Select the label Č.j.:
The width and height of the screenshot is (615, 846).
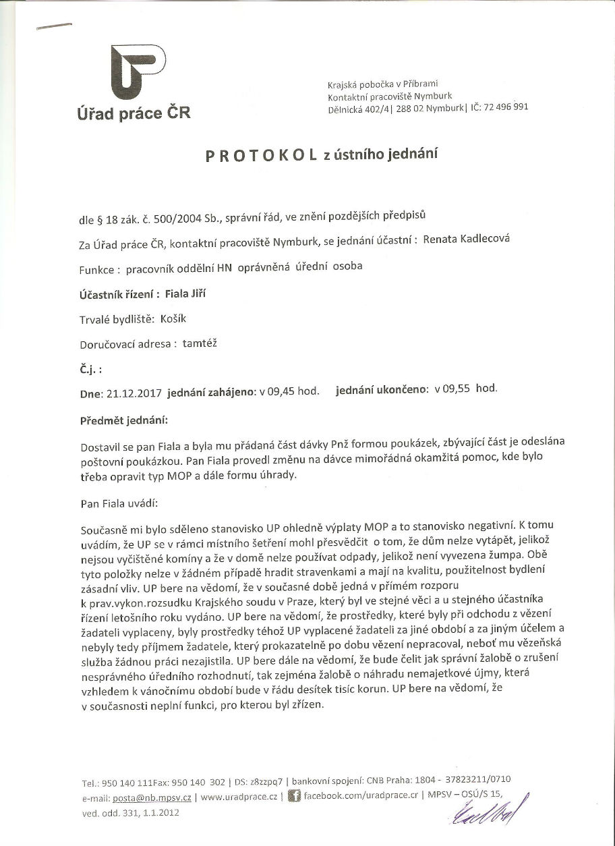(90, 369)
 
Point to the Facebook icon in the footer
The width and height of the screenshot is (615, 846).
(294, 797)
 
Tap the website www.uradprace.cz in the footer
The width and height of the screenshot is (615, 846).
(240, 797)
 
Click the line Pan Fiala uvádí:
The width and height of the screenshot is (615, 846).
(118, 503)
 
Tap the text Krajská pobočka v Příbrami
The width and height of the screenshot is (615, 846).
(382, 84)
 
